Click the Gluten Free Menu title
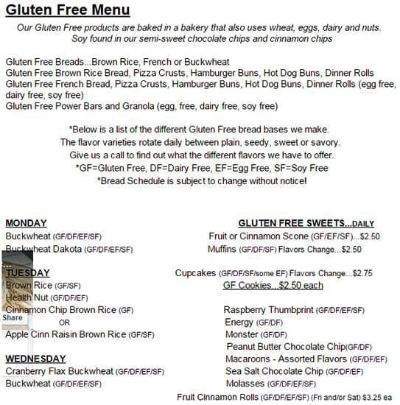(x=67, y=10)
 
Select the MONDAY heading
(x=26, y=223)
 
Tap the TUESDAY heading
(x=28, y=272)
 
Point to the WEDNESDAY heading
(x=36, y=359)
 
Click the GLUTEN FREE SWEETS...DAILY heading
(x=306, y=223)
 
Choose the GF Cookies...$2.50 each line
(x=273, y=285)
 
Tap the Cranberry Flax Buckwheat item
(x=84, y=371)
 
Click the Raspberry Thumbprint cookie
(x=294, y=310)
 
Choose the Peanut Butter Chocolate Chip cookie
(x=298, y=347)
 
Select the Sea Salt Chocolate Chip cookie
(x=294, y=371)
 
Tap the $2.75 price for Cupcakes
(x=362, y=273)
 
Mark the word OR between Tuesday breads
(x=65, y=323)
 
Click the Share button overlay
(x=13, y=318)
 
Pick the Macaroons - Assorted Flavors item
(x=306, y=359)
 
